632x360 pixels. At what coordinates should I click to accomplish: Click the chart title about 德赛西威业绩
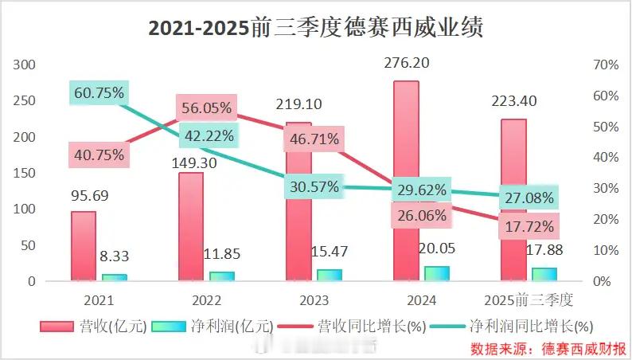(x=316, y=28)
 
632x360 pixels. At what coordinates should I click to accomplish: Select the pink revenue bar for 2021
(x=84, y=246)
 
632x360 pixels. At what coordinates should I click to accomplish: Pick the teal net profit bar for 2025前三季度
(x=544, y=274)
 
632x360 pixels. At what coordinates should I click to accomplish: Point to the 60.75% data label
(x=99, y=93)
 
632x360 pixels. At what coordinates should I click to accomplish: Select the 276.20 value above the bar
(x=406, y=61)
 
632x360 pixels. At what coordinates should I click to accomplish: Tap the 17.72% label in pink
(x=529, y=228)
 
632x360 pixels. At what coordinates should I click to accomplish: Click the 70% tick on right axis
(x=607, y=65)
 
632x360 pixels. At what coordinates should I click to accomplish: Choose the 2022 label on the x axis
(x=207, y=301)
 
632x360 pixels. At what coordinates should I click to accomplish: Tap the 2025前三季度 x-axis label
(x=529, y=301)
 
